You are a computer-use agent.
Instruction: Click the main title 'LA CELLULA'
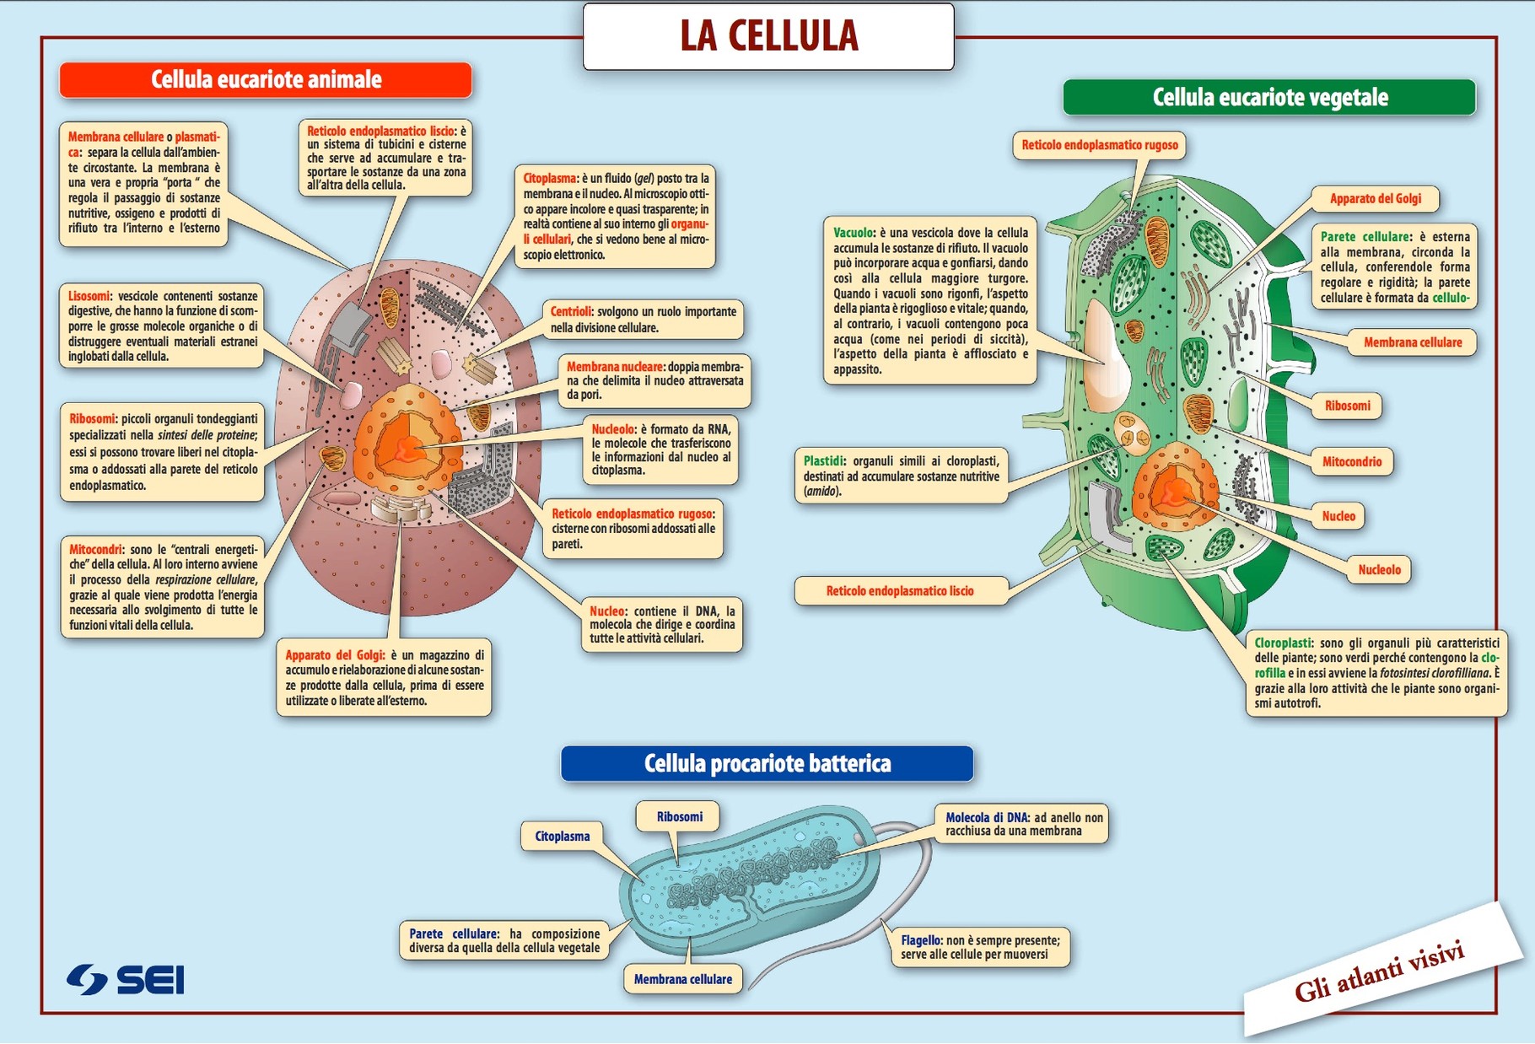768,36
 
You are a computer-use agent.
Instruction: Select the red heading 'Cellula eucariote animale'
266,80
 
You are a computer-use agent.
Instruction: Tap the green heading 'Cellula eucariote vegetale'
1269,98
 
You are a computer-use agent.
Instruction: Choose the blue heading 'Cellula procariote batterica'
767,764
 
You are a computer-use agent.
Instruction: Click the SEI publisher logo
126,980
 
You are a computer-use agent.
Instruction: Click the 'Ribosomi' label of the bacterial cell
679,817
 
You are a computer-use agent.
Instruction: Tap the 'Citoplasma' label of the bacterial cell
562,837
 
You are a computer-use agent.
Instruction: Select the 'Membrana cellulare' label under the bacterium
682,980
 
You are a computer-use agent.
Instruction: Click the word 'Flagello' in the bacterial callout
920,940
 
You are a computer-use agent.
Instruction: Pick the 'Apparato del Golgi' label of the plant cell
1375,199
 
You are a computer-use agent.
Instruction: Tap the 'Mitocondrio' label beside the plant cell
1351,462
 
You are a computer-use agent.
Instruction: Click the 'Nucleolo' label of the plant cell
1379,570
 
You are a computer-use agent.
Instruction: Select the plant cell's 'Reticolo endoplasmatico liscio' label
899,591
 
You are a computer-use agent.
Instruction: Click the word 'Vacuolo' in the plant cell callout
854,233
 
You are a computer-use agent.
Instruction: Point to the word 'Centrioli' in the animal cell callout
571,312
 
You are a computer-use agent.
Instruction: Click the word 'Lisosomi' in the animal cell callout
89,297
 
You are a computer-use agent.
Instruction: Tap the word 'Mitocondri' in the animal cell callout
96,550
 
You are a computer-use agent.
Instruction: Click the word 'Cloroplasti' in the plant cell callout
1283,643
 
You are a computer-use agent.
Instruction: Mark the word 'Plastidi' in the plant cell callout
823,461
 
